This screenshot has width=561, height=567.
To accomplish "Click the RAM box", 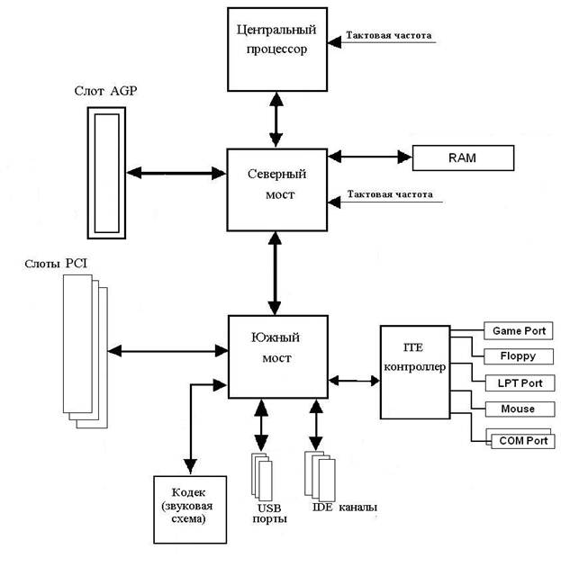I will pyautogui.click(x=462, y=158).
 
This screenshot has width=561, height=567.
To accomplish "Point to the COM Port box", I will pyautogui.click(x=518, y=441).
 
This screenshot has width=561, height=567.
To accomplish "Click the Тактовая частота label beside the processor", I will pyautogui.click(x=388, y=36).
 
